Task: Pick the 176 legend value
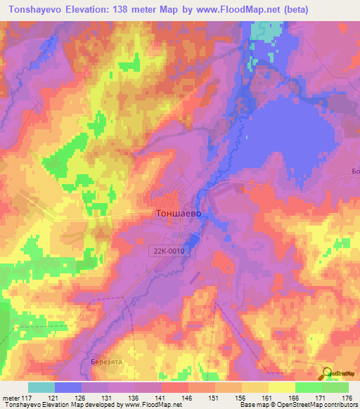point(347,397)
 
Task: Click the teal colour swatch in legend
point(41,387)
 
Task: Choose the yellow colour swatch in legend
point(281,387)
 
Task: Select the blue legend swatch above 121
point(68,387)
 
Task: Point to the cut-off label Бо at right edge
point(355,171)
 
